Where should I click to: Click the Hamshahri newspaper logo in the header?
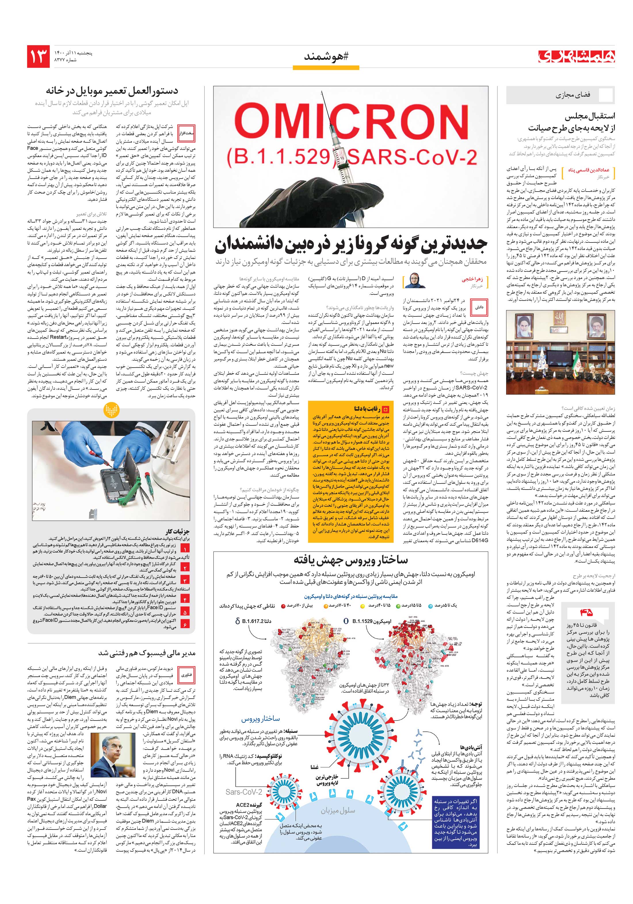(577, 56)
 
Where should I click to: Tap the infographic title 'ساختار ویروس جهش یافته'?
(350, 560)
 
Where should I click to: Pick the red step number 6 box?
(185, 624)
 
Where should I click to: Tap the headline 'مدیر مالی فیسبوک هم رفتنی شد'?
(147, 653)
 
